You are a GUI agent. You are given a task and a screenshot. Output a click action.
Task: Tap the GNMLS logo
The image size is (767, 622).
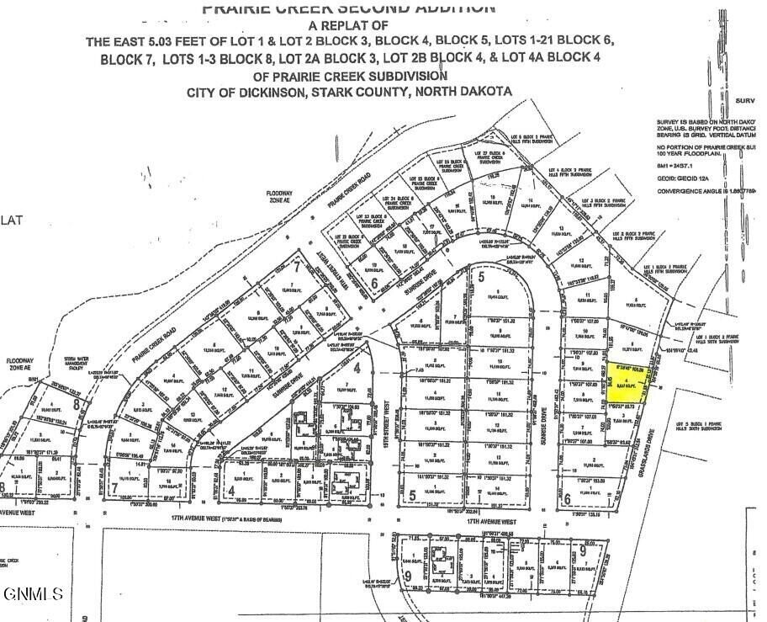(33, 594)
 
